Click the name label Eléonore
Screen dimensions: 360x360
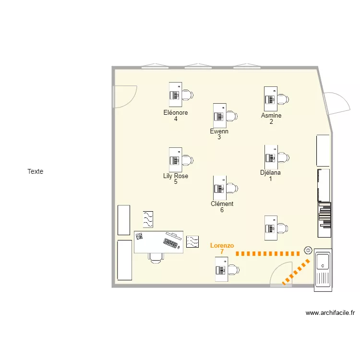coord(176,113)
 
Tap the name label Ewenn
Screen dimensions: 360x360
coord(219,131)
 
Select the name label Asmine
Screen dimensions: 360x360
coord(271,115)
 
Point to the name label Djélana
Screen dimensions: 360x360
coord(270,173)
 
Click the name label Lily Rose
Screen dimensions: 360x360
coord(176,176)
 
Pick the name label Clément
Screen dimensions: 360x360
coord(222,204)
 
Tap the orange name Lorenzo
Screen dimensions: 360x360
coord(222,245)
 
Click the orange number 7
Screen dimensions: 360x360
coord(222,252)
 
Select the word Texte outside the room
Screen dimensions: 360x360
coord(35,171)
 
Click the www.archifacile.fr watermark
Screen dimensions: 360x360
coord(330,313)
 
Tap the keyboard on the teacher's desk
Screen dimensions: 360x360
coord(171,243)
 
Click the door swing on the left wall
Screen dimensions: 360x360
coord(124,96)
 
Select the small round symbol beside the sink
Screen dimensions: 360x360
coord(308,250)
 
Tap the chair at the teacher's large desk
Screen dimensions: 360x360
coord(156,258)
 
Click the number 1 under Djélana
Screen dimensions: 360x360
coord(270,179)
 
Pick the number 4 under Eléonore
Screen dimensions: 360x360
coord(176,119)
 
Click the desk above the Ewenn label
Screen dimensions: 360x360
coord(220,115)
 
